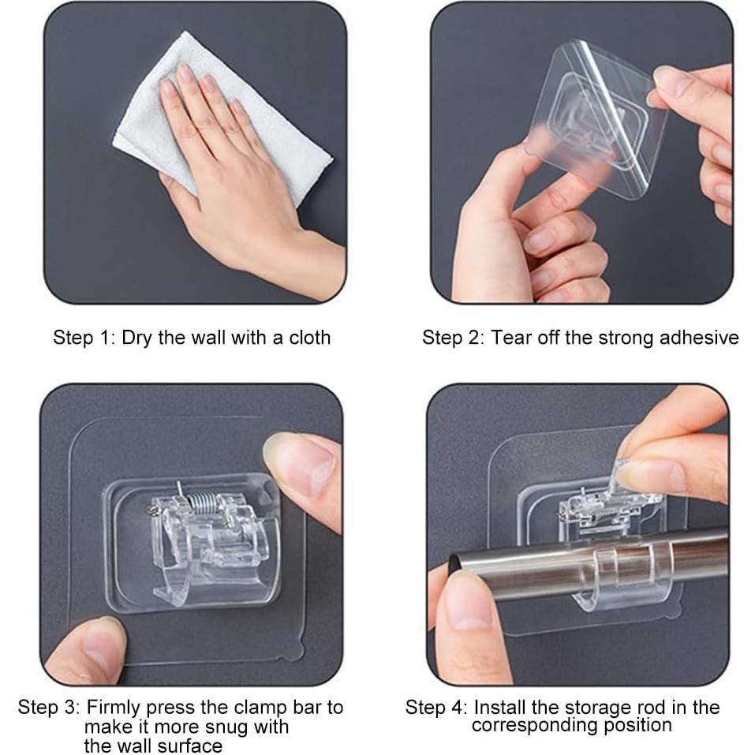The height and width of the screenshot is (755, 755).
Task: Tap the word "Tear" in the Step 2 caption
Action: pos(510,338)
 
